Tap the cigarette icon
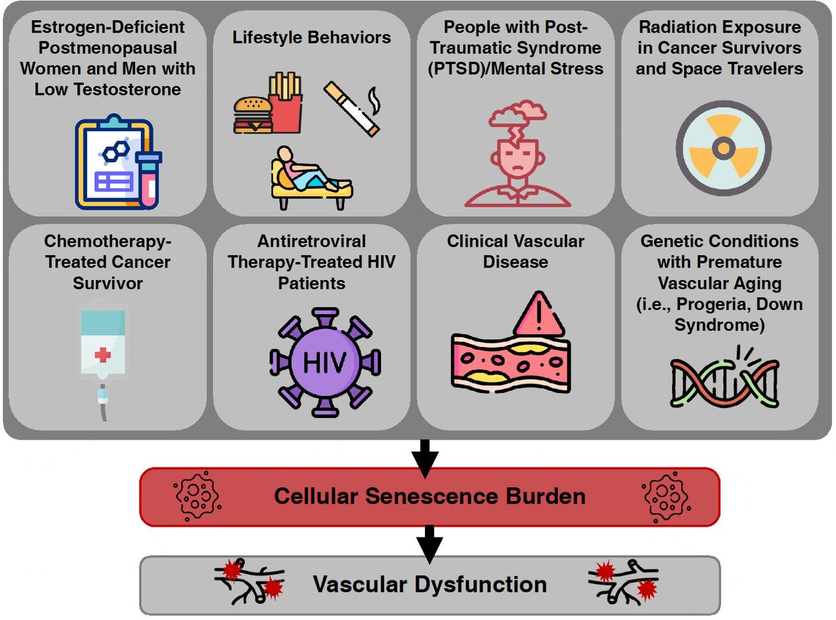(353, 107)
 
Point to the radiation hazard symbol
(723, 148)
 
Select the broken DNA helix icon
(725, 380)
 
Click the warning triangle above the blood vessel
(537, 314)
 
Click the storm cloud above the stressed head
(516, 114)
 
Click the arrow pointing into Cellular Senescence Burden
(425, 455)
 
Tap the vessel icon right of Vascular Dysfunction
(624, 581)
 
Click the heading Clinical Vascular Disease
(516, 251)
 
